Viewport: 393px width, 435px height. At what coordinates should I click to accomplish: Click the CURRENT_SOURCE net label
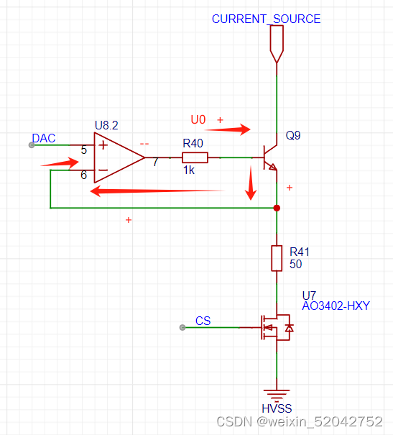pos(266,19)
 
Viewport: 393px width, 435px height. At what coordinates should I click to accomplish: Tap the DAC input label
pos(44,138)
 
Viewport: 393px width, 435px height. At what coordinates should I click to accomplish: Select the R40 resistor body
pos(195,157)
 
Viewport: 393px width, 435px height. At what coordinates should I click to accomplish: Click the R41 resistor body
pos(277,258)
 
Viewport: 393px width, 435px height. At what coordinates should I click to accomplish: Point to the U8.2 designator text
pos(106,125)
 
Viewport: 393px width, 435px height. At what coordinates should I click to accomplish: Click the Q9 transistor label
pos(293,135)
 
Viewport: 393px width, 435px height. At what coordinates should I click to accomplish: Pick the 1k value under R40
pos(189,170)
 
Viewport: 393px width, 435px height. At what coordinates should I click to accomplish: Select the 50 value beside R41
pos(295,264)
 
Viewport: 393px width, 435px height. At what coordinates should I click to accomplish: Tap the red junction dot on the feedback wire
pos(277,208)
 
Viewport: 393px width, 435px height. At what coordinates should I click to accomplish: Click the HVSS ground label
pos(277,408)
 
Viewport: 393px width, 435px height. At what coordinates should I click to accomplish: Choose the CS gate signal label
pos(203,321)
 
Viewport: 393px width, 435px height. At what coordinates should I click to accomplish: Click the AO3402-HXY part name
pos(336,306)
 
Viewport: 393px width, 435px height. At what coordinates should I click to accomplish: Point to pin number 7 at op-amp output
pos(155,162)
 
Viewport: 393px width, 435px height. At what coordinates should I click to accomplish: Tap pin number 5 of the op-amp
pos(83,150)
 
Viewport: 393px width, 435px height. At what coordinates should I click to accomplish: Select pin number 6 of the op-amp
pos(83,175)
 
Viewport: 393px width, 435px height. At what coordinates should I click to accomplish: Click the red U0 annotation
pos(198,120)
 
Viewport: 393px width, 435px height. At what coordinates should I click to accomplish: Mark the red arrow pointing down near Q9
pos(251,183)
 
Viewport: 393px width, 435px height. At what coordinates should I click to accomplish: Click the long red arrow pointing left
pos(157,191)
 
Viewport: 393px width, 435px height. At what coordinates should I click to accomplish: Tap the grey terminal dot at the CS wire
pos(182,328)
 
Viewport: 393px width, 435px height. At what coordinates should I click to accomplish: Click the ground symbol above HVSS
pos(277,394)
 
